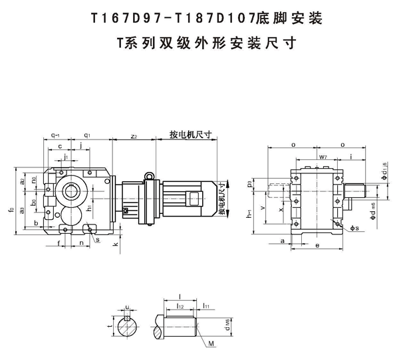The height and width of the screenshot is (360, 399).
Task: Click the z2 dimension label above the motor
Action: coord(134,136)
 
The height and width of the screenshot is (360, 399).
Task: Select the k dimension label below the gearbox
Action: coord(116,245)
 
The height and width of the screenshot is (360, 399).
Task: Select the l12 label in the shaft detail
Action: coord(180,307)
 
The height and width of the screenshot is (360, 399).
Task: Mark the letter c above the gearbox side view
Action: coord(61,145)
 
